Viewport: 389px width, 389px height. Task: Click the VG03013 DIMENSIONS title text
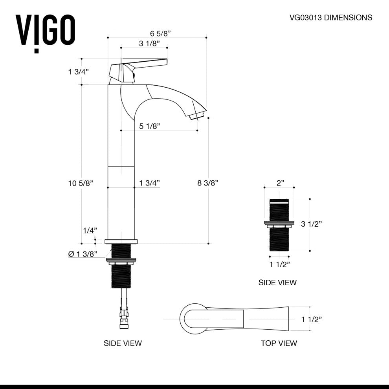tap(330, 17)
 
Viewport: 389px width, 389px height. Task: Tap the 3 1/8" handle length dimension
tap(149, 44)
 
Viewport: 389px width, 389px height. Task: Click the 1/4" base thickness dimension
tap(90, 230)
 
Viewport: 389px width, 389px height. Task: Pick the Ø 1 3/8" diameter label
tap(83, 254)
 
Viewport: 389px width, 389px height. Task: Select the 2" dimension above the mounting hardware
tap(280, 183)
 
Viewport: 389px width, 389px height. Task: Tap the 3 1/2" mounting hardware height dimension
tap(312, 224)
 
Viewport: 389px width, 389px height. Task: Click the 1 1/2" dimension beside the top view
tap(312, 319)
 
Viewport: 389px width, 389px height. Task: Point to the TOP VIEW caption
tap(279, 343)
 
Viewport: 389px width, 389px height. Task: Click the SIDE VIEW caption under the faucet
tap(123, 343)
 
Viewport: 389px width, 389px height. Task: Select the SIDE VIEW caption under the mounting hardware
tap(277, 283)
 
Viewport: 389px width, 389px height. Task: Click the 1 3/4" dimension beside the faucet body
tap(149, 183)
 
